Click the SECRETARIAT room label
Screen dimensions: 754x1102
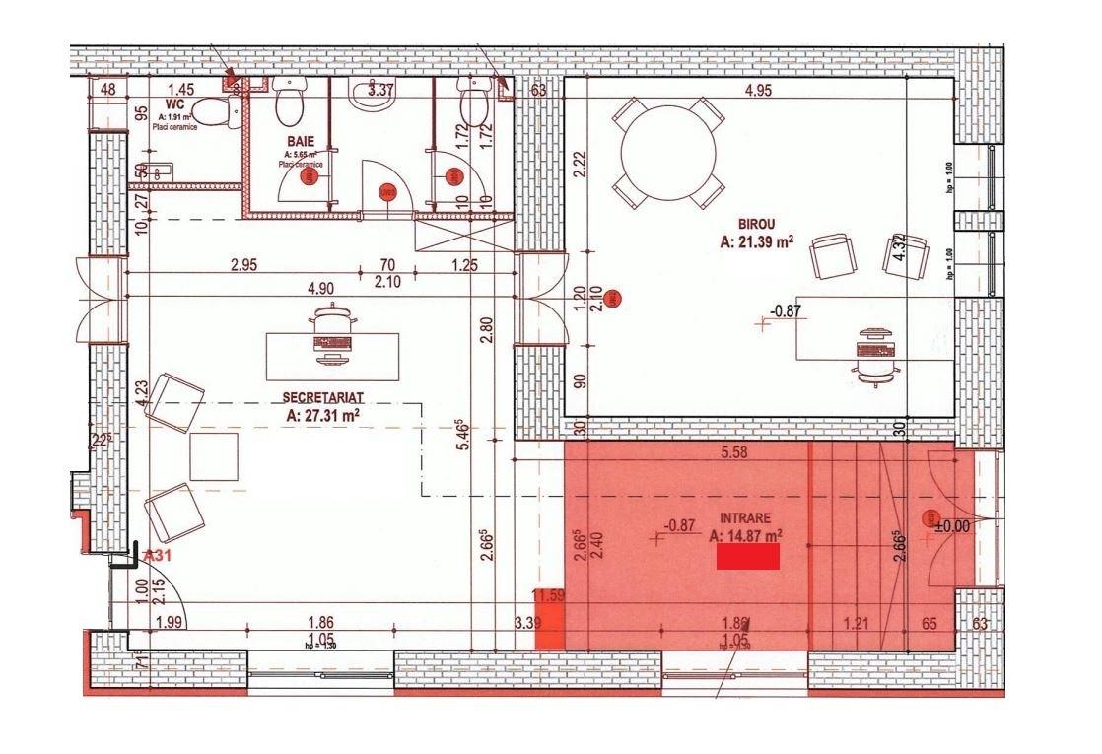pyautogui.click(x=322, y=396)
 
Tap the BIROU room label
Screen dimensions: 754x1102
pyautogui.click(x=756, y=223)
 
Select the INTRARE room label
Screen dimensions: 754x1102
pyautogui.click(x=744, y=517)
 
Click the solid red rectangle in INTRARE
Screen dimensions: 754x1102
pyautogui.click(x=747, y=557)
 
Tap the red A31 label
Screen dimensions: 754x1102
pyautogui.click(x=159, y=556)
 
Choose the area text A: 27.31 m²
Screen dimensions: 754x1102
pyautogui.click(x=323, y=415)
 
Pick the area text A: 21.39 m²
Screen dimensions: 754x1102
pyautogui.click(x=757, y=240)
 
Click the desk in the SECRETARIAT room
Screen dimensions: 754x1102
pyautogui.click(x=333, y=356)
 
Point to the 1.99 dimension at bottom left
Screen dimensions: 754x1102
pyautogui.click(x=171, y=621)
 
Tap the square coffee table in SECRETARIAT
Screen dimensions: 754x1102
pyautogui.click(x=214, y=456)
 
